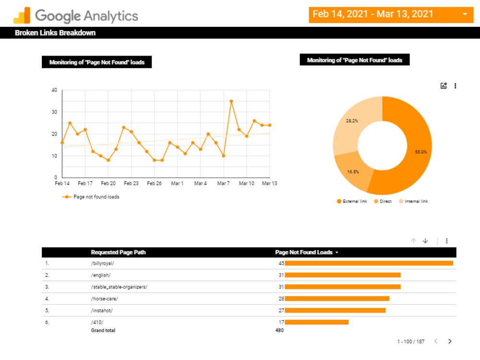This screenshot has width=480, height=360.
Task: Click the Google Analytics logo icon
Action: (22, 15)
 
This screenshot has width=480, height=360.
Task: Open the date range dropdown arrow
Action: (465, 14)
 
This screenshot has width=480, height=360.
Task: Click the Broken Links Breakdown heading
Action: (55, 33)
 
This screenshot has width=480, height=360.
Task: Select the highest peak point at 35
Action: (231, 101)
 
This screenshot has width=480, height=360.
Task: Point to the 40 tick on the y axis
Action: (54, 90)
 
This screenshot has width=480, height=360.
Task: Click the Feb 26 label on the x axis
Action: (154, 183)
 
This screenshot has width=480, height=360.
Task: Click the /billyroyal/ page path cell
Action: (102, 264)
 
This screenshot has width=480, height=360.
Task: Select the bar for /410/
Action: (316, 322)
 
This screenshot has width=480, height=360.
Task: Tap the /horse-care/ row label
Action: (104, 299)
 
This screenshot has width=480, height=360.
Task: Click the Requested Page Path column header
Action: (118, 252)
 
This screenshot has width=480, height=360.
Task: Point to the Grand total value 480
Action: (279, 330)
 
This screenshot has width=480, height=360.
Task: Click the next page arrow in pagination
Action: (450, 341)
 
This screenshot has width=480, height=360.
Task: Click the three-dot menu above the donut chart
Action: (455, 86)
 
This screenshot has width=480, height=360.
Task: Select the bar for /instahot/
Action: (335, 311)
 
